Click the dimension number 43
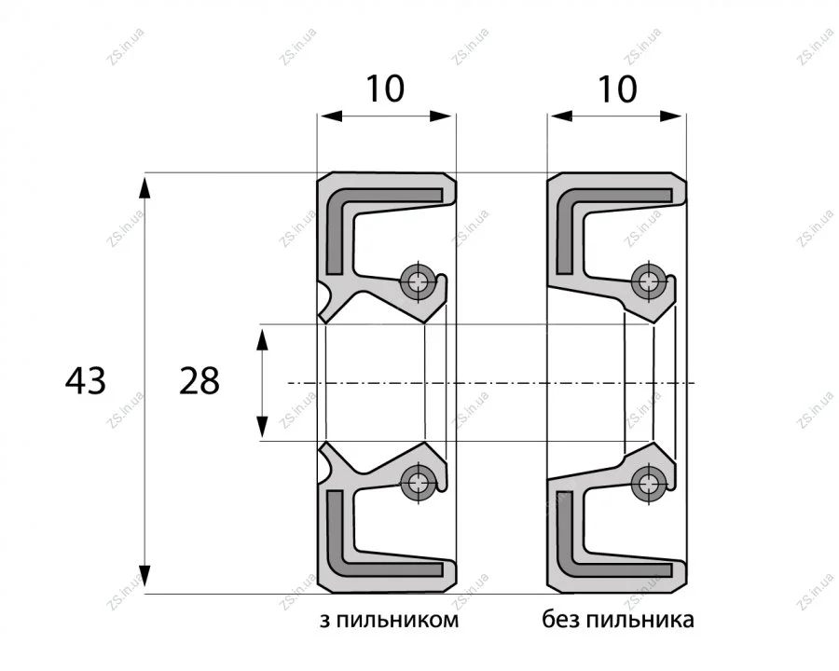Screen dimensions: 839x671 [x=86, y=381]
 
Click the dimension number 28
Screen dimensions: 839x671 [x=199, y=381]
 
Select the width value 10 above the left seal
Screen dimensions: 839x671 [x=385, y=89]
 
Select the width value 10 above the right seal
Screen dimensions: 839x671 [x=617, y=89]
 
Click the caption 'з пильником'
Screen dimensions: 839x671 [x=389, y=620]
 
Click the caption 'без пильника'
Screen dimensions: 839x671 [x=618, y=620]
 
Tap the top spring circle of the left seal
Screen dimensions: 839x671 [x=417, y=281]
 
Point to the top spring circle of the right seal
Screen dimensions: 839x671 [x=648, y=281]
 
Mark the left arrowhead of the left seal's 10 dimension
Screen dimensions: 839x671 [x=330, y=116]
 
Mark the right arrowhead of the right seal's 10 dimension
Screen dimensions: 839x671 [x=672, y=116]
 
